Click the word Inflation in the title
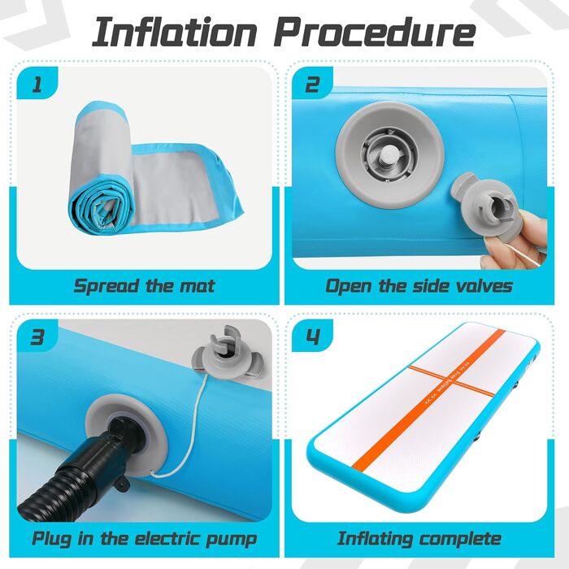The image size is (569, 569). coord(175,33)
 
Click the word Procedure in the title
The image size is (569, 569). coord(375,33)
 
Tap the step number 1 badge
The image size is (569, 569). coord(37,84)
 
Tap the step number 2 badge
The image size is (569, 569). coord(312,84)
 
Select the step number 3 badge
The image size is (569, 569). coord(37,337)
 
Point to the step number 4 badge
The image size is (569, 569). coord(312,337)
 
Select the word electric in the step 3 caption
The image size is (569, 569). coord(167,538)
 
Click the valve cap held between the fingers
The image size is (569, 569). coord(483,206)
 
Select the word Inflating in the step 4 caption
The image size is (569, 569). coord(374,539)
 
